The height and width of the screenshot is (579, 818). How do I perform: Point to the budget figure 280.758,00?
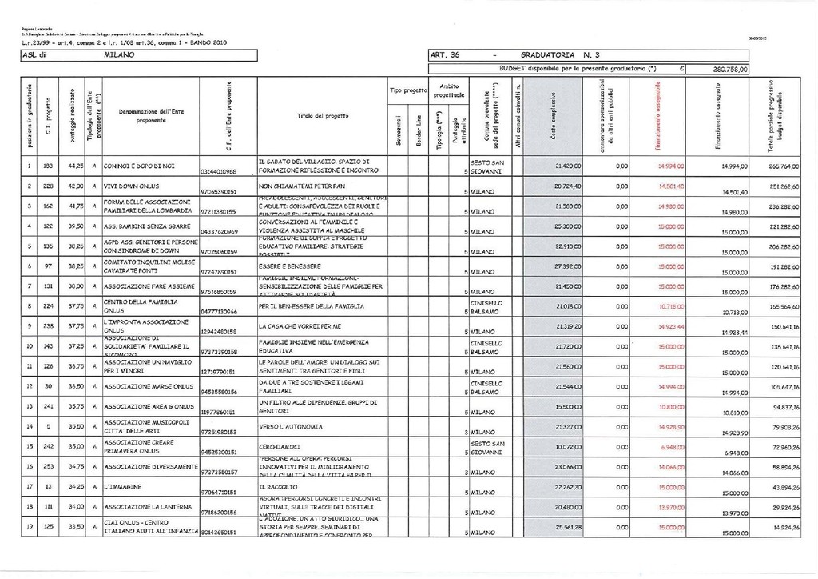click(x=728, y=70)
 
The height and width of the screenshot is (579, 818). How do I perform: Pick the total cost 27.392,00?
click(x=570, y=265)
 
